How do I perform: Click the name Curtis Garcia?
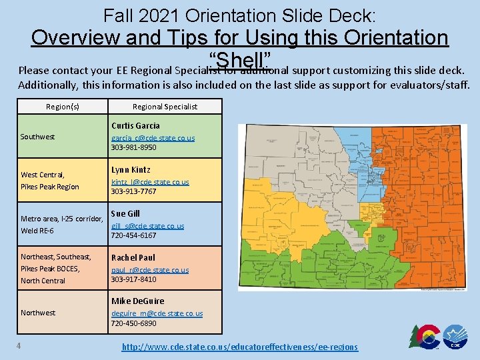click(x=135, y=125)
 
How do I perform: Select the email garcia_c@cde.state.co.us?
click(x=153, y=137)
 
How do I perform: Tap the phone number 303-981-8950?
click(x=133, y=147)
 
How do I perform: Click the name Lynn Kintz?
click(x=131, y=169)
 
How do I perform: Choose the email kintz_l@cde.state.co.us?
click(x=150, y=181)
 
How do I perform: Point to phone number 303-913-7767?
click(x=133, y=191)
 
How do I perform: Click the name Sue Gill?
click(x=125, y=213)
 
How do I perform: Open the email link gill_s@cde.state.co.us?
click(x=147, y=226)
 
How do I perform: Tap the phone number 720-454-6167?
click(x=133, y=235)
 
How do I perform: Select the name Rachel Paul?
click(x=133, y=257)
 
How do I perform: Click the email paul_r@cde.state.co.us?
click(x=150, y=270)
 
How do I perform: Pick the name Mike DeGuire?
click(x=138, y=301)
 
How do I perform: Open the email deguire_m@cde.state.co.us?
click(x=157, y=313)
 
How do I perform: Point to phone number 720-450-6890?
click(x=133, y=323)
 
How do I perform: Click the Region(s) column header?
click(x=62, y=107)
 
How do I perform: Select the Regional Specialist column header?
click(x=165, y=107)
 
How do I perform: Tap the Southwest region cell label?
click(x=38, y=137)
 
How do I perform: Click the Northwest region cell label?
click(x=38, y=313)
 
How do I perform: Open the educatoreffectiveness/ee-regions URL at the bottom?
click(x=239, y=347)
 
